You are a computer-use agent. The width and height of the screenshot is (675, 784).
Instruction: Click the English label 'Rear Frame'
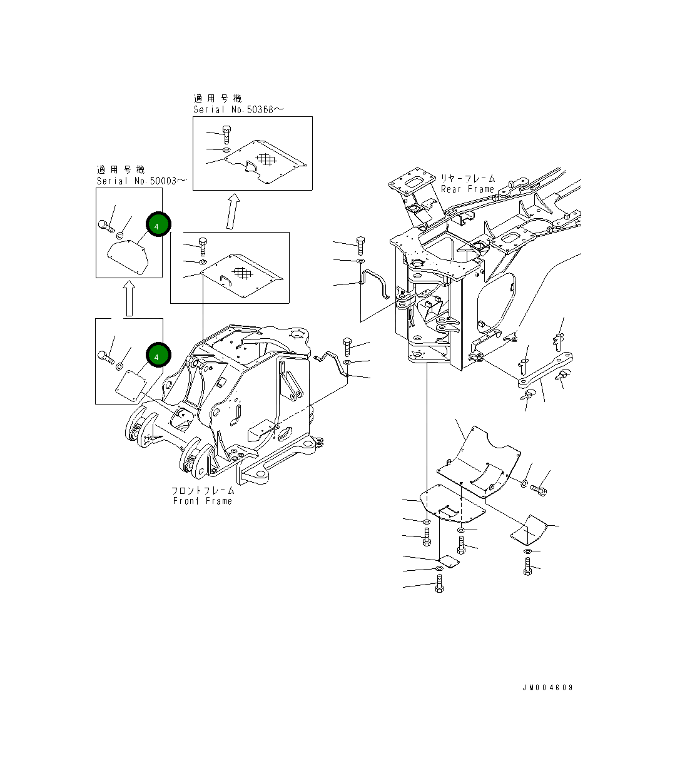tap(467, 189)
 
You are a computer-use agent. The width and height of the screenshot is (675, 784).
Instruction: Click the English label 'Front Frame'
tap(202, 501)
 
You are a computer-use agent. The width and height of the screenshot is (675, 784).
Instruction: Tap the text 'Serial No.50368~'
tap(238, 109)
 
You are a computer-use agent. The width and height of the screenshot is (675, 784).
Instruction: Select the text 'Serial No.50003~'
tap(141, 181)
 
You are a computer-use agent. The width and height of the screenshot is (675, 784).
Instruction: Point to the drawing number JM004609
tap(547, 688)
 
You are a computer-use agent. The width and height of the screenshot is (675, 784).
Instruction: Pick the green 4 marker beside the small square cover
tap(158, 355)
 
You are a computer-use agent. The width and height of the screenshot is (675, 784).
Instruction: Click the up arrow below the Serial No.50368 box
tap(233, 212)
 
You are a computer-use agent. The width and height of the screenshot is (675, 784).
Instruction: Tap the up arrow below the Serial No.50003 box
tap(129, 298)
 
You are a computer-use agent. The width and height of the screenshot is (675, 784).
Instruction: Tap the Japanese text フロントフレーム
tap(203, 490)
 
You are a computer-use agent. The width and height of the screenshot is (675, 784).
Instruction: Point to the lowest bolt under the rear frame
tap(439, 585)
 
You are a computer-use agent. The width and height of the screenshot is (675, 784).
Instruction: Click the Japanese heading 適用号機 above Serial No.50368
tap(217, 98)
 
